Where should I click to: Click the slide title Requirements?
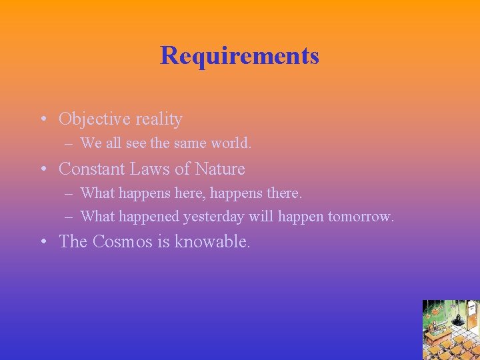point(239,55)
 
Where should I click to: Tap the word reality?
point(158,119)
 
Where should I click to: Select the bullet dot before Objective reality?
point(42,120)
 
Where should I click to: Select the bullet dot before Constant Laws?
point(42,170)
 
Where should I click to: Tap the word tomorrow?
point(361,217)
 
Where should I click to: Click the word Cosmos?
point(122,241)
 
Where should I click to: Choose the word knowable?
point(213,241)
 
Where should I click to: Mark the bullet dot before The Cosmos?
point(42,242)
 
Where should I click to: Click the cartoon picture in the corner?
point(451,330)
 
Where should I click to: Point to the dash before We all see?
point(69,143)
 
